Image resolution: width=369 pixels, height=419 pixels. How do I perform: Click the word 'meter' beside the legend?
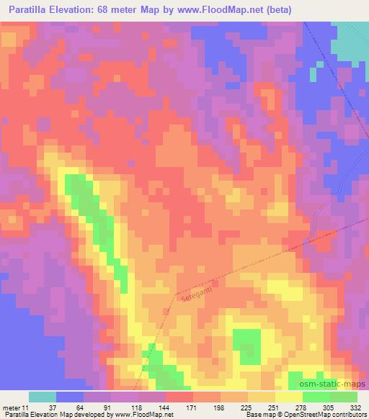[x=10, y=407]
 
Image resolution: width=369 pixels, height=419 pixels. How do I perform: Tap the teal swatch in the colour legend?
[x=43, y=397]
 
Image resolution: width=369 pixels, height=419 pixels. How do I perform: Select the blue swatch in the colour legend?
[x=70, y=397]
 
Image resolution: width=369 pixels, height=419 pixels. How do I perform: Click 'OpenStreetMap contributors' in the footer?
[x=328, y=415]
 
